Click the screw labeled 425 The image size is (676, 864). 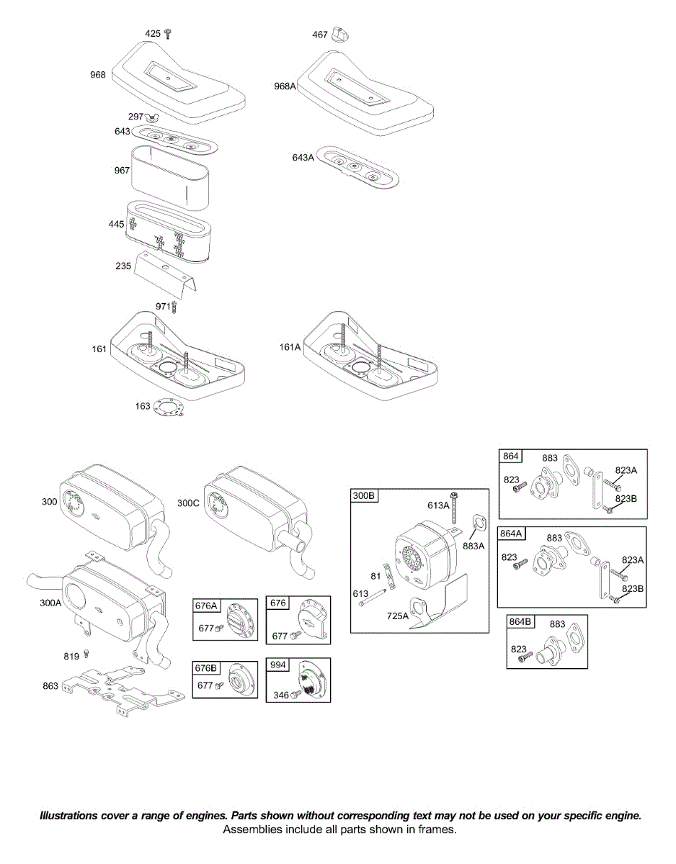click(x=168, y=33)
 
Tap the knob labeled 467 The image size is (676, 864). click(x=341, y=35)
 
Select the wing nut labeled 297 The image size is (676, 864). click(x=152, y=117)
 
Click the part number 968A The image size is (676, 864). click(x=285, y=86)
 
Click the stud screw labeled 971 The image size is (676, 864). click(x=173, y=307)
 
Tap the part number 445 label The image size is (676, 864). click(x=116, y=225)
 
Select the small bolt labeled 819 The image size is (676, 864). click(x=86, y=654)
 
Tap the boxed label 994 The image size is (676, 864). click(x=278, y=666)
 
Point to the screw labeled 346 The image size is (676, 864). click(x=295, y=695)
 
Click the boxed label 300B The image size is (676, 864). click(x=364, y=496)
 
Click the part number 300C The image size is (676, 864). click(x=188, y=503)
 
